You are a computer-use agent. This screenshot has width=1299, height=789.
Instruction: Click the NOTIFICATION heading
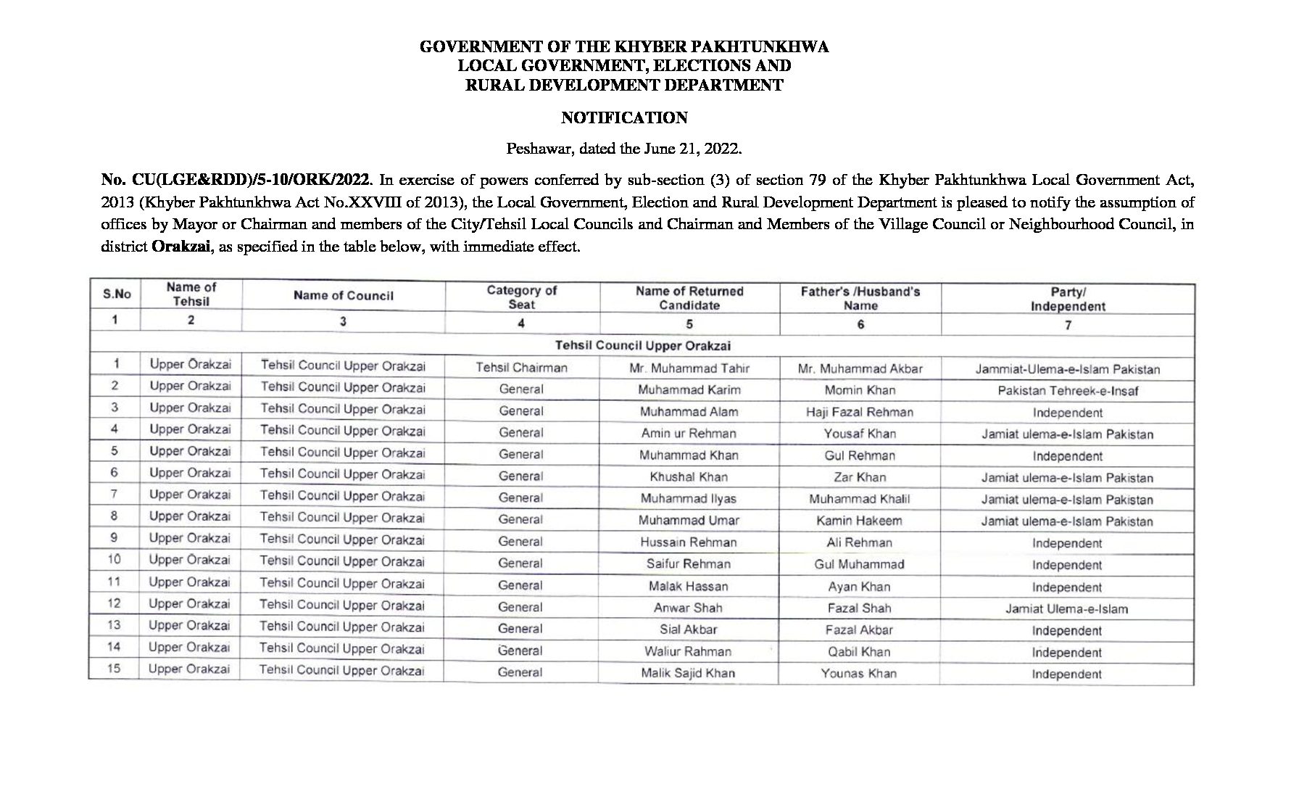tap(624, 117)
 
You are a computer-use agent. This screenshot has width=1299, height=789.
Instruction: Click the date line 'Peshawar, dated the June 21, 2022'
tap(624, 149)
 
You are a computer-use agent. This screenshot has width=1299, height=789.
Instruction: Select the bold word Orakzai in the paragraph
tap(181, 246)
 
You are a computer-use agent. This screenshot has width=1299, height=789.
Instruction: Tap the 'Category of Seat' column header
tap(521, 297)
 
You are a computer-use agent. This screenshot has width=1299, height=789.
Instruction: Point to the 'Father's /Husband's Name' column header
tap(860, 298)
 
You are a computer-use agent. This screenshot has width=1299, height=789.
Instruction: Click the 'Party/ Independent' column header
tap(1068, 299)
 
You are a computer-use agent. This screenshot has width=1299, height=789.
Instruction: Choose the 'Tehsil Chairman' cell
tap(521, 368)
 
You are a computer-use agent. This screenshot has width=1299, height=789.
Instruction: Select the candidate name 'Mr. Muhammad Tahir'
tap(689, 368)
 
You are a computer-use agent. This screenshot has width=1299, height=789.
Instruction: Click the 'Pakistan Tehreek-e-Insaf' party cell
tap(1068, 391)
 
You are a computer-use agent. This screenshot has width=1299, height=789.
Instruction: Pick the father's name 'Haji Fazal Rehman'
tap(860, 412)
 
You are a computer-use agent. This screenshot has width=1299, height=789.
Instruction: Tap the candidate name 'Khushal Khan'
tap(689, 477)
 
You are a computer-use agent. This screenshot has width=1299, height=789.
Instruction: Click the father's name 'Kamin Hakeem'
tap(859, 521)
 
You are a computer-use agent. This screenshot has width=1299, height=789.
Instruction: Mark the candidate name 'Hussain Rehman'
tap(689, 542)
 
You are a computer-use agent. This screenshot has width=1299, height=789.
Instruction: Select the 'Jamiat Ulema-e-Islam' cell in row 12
tap(1066, 609)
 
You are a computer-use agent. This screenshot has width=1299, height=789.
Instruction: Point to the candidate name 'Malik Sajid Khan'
tap(688, 673)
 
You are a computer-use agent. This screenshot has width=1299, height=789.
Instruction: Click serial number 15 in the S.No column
tap(114, 669)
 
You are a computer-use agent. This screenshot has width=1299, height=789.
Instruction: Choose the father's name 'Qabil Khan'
tap(859, 652)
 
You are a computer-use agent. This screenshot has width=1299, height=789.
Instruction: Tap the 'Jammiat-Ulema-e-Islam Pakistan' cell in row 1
tap(1068, 369)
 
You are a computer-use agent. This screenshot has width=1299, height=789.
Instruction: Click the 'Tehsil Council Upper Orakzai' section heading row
tap(643, 346)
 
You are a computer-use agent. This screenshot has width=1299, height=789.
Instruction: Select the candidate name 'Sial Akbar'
tap(689, 629)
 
